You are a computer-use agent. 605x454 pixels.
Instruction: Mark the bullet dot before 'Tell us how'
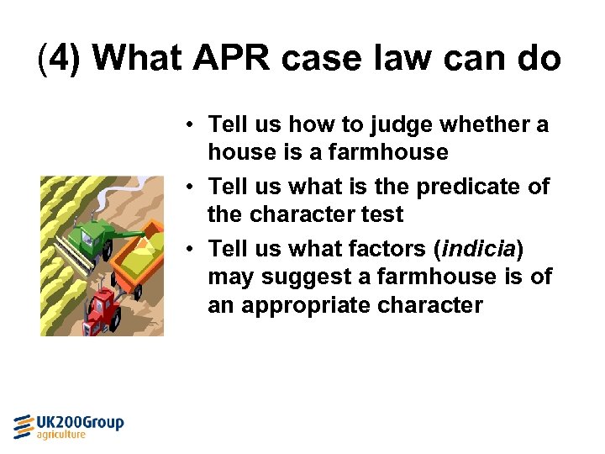pos(192,126)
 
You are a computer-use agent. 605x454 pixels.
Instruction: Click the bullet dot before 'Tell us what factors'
pos(192,250)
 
